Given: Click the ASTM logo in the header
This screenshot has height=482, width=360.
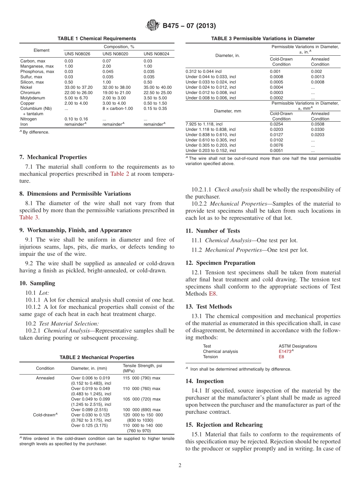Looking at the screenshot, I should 153,26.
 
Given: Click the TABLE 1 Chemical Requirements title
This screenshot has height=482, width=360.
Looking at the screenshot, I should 97,39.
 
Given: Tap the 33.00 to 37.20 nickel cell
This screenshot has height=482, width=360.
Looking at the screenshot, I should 78,87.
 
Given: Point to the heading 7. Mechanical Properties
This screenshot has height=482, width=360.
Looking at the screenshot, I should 53,157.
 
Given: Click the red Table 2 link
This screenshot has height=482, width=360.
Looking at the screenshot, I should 119,174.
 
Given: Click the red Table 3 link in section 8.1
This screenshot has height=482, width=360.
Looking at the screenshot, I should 29,218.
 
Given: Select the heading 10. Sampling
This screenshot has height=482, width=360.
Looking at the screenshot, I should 37,283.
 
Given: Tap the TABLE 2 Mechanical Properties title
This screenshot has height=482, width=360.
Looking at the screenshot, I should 97,357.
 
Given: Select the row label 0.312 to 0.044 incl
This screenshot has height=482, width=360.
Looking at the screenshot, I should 203,71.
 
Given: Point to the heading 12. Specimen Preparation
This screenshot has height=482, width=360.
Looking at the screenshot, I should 220,263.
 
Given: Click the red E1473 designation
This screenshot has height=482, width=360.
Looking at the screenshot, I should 285,351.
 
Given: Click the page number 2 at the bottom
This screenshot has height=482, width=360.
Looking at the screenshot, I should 180,466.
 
